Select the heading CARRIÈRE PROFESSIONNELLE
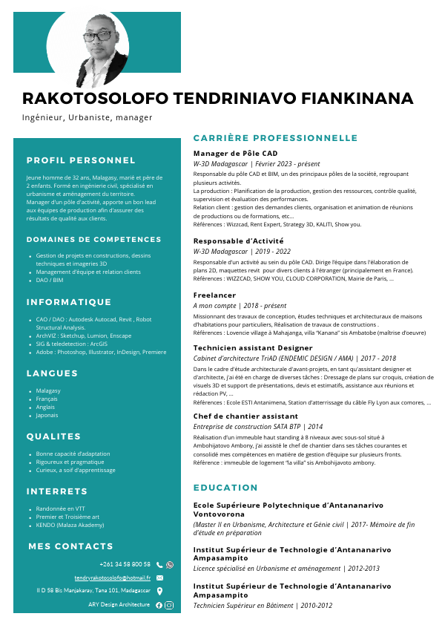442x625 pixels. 275,138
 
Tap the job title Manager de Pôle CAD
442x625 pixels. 235,153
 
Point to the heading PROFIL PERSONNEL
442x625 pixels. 81,160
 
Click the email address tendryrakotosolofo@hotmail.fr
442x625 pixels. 112,577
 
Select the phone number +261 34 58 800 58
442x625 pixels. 125,564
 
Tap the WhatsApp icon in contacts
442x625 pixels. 170,565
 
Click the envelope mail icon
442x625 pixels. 159,577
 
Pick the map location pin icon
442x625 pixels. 159,591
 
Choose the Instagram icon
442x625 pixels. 169,605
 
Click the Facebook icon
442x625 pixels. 159,605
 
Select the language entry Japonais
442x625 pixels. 48,415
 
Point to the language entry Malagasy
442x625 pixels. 48,390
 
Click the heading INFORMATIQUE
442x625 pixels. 68,303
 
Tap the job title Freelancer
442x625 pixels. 214,295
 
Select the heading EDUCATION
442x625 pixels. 225,488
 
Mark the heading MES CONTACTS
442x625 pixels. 70,546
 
